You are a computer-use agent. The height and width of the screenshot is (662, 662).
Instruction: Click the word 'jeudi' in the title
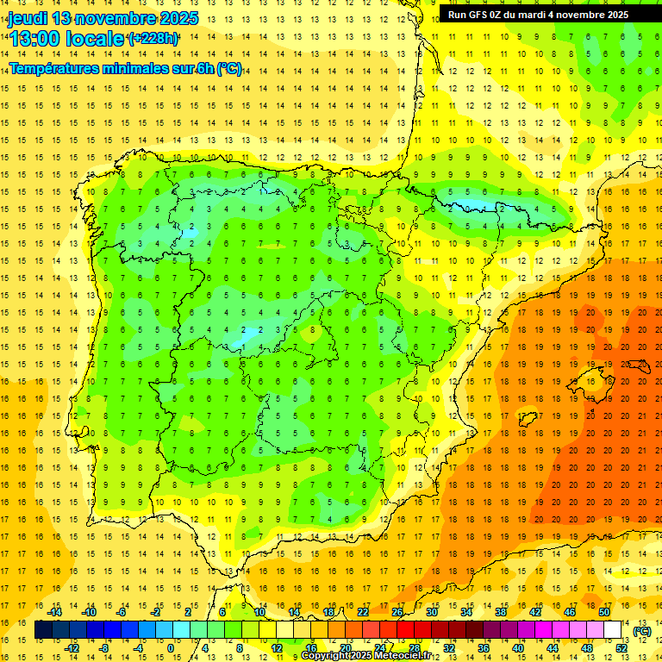(x=28, y=17)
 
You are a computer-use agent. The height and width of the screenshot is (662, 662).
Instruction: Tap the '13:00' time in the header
(x=32, y=39)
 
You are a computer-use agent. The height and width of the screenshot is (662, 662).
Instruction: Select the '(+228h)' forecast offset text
(x=153, y=39)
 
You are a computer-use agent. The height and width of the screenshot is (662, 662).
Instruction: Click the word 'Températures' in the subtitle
(x=53, y=68)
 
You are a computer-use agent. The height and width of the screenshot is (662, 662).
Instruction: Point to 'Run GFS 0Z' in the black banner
(x=477, y=15)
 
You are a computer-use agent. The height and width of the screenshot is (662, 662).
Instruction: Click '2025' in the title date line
(x=178, y=17)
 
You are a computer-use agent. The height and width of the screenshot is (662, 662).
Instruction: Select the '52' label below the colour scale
(x=621, y=648)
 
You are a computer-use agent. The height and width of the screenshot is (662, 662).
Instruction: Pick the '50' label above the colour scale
(x=604, y=612)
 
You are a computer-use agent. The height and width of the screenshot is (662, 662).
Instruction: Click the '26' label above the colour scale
(x=397, y=612)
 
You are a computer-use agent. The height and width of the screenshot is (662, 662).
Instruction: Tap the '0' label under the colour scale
(x=170, y=648)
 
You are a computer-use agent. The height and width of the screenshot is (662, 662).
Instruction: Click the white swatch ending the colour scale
(x=613, y=630)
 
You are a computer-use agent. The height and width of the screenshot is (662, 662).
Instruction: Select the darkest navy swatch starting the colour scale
(x=43, y=630)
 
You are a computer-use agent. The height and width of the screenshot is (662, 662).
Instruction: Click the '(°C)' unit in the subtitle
(x=229, y=68)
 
